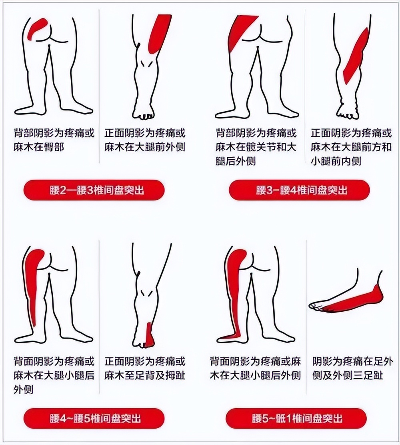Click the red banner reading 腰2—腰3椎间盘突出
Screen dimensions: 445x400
[x=94, y=190]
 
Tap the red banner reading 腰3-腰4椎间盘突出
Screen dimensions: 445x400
[x=299, y=190]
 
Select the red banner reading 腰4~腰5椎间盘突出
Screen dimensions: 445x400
[x=94, y=419]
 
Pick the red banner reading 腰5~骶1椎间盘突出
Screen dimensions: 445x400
[x=296, y=419]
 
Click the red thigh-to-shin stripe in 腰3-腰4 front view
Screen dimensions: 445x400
[x=356, y=56]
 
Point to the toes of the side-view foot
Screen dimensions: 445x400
[x=316, y=306]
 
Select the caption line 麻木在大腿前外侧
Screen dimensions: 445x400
[x=145, y=147]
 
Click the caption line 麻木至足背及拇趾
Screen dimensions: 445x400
[x=145, y=375]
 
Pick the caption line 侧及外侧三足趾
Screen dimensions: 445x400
[x=348, y=375]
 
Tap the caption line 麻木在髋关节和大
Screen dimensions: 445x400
[x=256, y=147]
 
